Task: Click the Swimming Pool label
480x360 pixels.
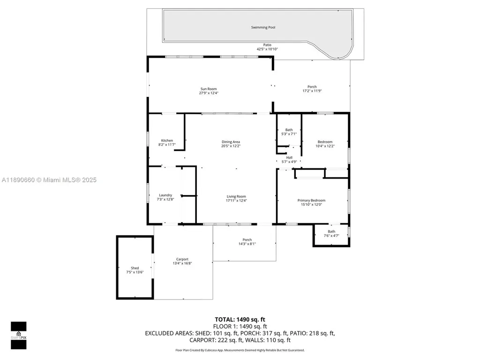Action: coord(262,28)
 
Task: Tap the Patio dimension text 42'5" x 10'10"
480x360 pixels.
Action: coord(267,49)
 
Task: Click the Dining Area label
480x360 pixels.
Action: coord(231,142)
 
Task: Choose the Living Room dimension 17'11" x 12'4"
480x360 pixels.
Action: coord(236,201)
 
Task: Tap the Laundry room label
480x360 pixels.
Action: coord(165,195)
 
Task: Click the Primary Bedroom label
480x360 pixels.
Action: coord(311,200)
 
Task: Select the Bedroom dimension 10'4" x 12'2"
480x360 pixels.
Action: coord(325,146)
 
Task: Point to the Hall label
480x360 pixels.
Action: coord(289,157)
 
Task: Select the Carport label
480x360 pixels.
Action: coord(182,259)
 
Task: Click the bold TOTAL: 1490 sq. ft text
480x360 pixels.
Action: coord(240,319)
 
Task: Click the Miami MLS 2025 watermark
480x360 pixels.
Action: coord(49,180)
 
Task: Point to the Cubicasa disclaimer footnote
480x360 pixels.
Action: coord(240,350)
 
